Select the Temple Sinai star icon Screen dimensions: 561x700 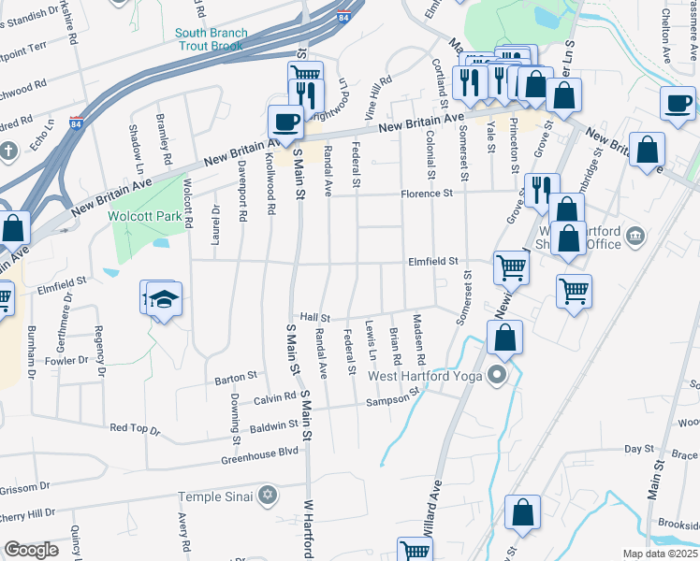(268, 494)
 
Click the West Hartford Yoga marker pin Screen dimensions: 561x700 (496, 377)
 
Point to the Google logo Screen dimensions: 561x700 (32, 549)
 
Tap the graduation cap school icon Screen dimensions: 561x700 (165, 299)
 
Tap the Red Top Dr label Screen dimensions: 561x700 (136, 428)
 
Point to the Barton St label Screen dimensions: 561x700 (236, 378)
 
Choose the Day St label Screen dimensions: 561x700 (639, 450)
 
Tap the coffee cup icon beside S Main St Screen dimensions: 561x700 (285, 121)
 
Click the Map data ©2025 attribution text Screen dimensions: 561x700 (661, 554)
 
